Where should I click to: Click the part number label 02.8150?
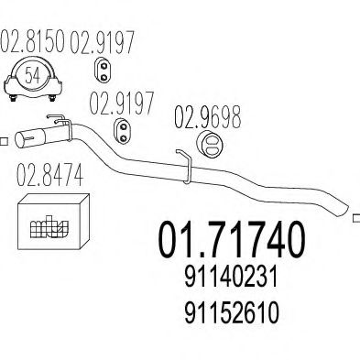coord(32,41)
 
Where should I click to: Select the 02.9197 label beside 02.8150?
coord(103,41)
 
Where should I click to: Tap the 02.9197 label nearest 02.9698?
coord(122,104)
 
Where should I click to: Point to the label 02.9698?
coord(208,117)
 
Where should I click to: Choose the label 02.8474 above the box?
coord(49,175)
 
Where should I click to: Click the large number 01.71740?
coord(231,240)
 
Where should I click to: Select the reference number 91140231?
coord(231,277)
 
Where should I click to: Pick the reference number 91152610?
coord(231,311)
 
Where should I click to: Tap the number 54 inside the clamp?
coord(32,75)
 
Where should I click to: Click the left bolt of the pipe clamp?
coord(13,98)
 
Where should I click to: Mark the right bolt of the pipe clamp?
coord(52,98)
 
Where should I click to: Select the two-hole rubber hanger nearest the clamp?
coord(104,69)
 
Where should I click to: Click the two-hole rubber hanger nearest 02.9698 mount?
coord(123,130)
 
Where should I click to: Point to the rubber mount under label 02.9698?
coord(210,145)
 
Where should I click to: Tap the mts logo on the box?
coord(49,226)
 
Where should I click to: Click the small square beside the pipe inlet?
coord(4,142)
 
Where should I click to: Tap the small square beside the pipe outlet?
coord(356,219)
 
